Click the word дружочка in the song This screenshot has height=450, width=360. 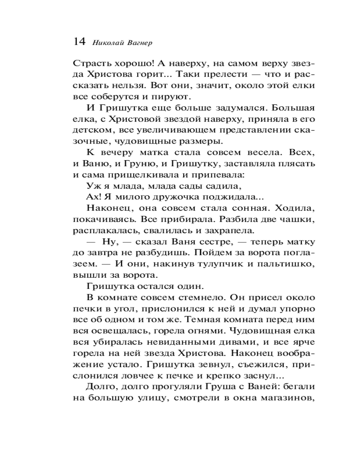coord(175,197)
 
